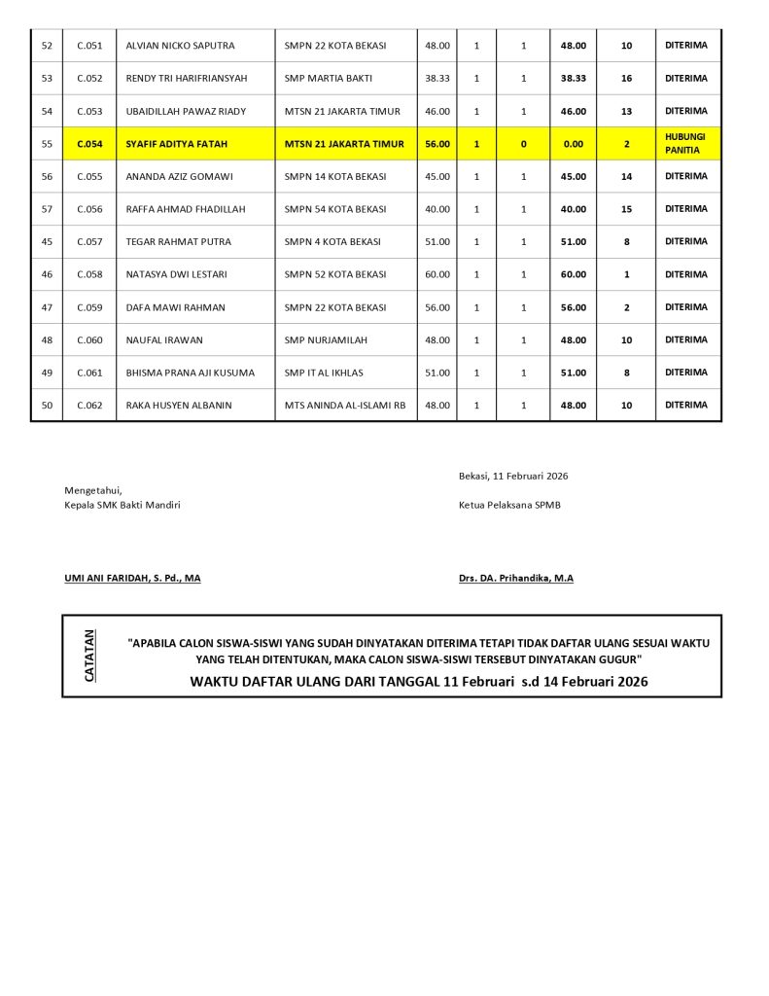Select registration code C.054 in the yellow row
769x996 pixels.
pyautogui.click(x=89, y=144)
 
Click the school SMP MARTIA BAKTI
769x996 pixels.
pyautogui.click(x=329, y=78)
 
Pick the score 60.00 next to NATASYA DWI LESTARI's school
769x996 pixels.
pyautogui.click(x=437, y=274)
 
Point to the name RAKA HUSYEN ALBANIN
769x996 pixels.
pyautogui.click(x=179, y=406)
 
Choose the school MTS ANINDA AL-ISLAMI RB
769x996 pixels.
pyautogui.click(x=345, y=406)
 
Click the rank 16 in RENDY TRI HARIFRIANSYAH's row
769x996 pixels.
pyautogui.click(x=626, y=78)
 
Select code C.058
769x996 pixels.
pyautogui.click(x=89, y=274)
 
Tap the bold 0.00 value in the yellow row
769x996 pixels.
pyautogui.click(x=574, y=144)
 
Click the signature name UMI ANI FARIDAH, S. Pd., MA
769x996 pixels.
pyautogui.click(x=132, y=578)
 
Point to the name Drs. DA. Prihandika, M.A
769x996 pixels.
pyautogui.click(x=516, y=578)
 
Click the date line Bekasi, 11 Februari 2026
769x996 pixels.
pyautogui.click(x=513, y=476)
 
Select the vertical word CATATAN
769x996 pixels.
pyautogui.click(x=90, y=656)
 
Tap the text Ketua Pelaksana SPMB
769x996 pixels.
pyautogui.click(x=509, y=505)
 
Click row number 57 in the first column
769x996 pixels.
pyautogui.click(x=47, y=209)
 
